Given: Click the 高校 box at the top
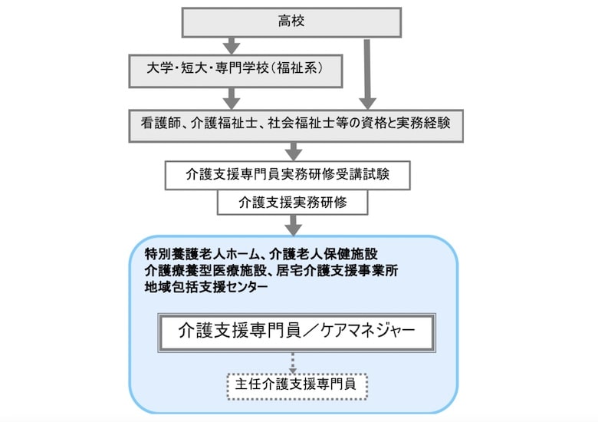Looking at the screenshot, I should point(291,21).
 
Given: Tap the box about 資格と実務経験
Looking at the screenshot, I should point(296,124).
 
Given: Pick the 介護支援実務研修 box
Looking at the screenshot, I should point(291,203).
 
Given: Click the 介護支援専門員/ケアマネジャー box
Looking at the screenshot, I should point(296,332).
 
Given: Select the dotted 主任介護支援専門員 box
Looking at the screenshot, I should point(296,385).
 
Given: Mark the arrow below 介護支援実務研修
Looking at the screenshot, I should point(292,224).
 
